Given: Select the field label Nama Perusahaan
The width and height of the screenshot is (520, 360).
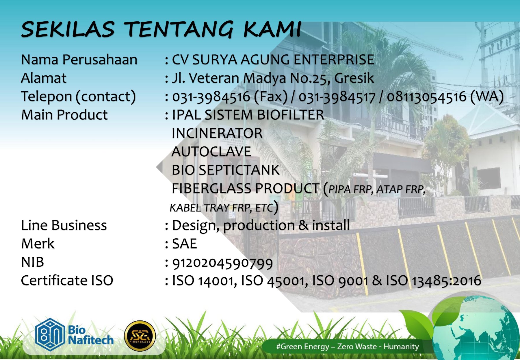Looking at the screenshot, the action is pos(79,60).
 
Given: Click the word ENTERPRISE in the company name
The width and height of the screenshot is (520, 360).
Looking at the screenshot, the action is pos(334,60).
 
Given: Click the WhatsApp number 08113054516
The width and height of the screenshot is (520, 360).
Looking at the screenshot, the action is pos(426,97).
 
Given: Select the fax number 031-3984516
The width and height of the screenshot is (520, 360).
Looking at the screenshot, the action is pos(211,97).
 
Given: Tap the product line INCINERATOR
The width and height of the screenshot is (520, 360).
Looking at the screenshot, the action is pos(217,133).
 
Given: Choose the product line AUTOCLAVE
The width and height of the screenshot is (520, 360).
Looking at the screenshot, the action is pos(211,152).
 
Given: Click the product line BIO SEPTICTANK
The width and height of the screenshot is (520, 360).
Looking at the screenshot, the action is pos(226,170).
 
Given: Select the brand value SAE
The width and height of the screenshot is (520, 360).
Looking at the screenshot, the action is pos(185,244).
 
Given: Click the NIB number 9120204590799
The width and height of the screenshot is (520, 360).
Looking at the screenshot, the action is pos(222,263).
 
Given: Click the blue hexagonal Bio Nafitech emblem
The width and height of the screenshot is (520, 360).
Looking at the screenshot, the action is pos(50,335).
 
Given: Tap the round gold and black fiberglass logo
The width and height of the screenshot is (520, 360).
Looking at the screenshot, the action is pos(140,336).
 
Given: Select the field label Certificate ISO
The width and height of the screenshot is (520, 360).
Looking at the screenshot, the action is pos(67,281).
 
